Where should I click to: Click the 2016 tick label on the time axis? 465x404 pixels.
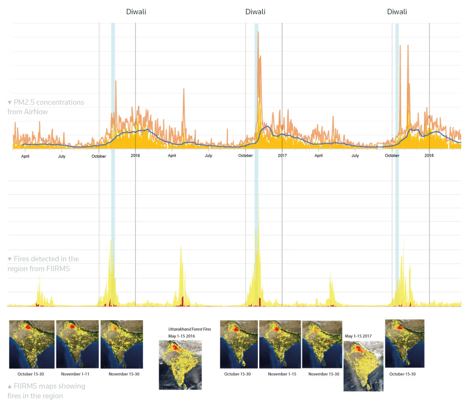pyautogui.click(x=135, y=156)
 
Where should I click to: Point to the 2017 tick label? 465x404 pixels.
pyautogui.click(x=282, y=156)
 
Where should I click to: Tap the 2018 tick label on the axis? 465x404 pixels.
pyautogui.click(x=429, y=156)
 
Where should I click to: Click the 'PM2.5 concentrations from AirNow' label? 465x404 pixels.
pyautogui.click(x=46, y=107)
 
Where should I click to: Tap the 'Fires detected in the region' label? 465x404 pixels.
pyautogui.click(x=43, y=264)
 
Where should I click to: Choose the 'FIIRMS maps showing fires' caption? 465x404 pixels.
pyautogui.click(x=47, y=391)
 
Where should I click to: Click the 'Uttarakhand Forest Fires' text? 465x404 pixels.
pyautogui.click(x=190, y=329)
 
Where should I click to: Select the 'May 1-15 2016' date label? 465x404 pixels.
pyautogui.click(x=181, y=336)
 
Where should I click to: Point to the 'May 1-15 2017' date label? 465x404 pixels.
pyautogui.click(x=358, y=336)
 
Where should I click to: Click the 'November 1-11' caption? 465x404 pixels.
pyautogui.click(x=75, y=374)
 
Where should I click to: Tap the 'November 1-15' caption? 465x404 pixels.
pyautogui.click(x=282, y=374)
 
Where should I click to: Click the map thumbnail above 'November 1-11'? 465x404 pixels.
pyautogui.click(x=77, y=344)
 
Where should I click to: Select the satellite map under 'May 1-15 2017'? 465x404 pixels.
pyautogui.click(x=363, y=366)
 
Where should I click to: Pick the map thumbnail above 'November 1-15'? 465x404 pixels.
pyautogui.click(x=280, y=344)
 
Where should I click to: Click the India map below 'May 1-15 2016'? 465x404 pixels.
pyautogui.click(x=180, y=365)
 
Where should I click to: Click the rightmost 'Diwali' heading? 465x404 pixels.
pyautogui.click(x=397, y=12)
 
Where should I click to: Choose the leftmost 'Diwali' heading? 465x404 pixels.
pyautogui.click(x=136, y=12)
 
